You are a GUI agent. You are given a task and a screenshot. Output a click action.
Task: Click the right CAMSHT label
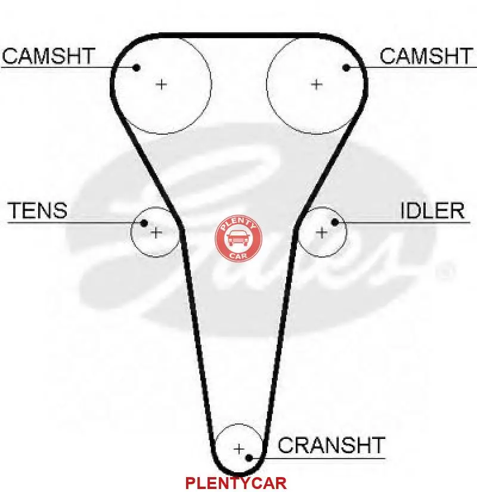(426, 56)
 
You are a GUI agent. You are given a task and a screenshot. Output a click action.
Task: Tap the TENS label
(38, 211)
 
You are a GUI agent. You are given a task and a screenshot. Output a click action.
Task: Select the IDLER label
(432, 211)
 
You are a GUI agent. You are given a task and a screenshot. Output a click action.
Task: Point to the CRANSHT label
(332, 445)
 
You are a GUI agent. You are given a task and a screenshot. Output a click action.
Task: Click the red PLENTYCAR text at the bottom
(236, 482)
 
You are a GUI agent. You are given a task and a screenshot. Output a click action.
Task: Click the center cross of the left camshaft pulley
(162, 84)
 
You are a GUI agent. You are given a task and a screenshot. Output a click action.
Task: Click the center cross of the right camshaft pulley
(316, 84)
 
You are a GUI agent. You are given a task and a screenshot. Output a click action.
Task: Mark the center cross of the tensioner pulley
(156, 232)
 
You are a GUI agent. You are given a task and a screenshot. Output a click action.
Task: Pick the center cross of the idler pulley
(322, 232)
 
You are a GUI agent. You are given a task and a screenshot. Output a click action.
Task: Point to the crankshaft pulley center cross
(238, 448)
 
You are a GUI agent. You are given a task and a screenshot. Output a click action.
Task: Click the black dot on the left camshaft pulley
(137, 67)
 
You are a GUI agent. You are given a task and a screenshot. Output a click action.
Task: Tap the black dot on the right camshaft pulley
(346, 67)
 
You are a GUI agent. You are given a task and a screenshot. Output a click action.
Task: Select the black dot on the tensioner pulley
(144, 223)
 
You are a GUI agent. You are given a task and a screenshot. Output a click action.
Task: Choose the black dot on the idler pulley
(335, 223)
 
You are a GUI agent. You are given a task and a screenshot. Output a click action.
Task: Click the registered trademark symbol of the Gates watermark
(444, 273)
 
